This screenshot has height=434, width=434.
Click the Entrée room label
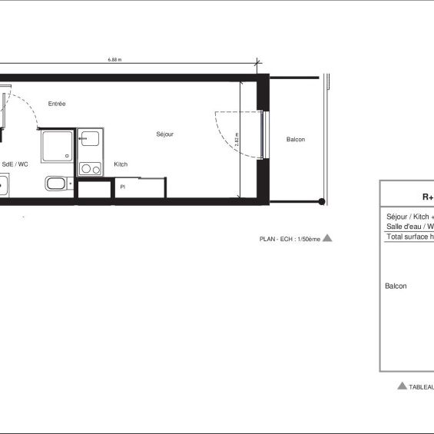(57, 104)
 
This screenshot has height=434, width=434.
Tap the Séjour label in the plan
(165, 134)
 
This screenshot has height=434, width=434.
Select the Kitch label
(121, 164)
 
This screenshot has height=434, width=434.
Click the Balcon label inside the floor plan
(296, 139)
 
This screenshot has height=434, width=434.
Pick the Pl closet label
(122, 186)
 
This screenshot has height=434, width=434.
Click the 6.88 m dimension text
(115, 60)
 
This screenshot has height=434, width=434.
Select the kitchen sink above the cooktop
(91, 140)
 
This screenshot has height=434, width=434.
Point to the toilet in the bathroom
(56, 184)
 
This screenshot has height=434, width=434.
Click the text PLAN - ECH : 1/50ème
(289, 239)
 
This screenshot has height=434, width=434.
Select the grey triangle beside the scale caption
(327, 238)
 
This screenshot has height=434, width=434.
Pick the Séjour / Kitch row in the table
(409, 217)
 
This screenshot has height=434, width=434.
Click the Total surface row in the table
(409, 237)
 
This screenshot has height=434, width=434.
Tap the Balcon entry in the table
(396, 286)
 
